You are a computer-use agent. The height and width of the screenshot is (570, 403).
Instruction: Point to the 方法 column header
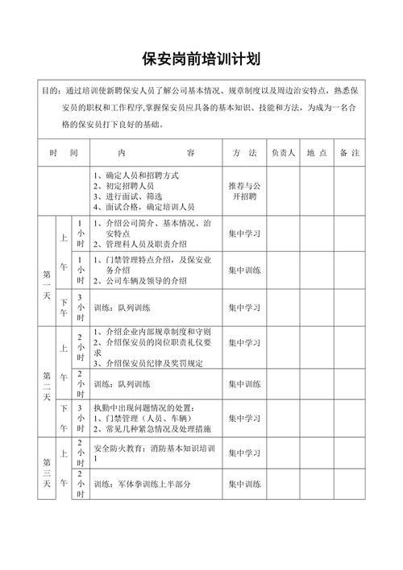tap(244, 152)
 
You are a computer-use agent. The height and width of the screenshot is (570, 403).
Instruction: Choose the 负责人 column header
tap(284, 152)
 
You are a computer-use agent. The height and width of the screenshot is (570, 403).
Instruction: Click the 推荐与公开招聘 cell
tap(244, 190)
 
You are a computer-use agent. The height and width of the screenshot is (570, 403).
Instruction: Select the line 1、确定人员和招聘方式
tap(136, 176)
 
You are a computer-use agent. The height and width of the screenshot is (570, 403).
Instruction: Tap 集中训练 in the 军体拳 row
tap(244, 484)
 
